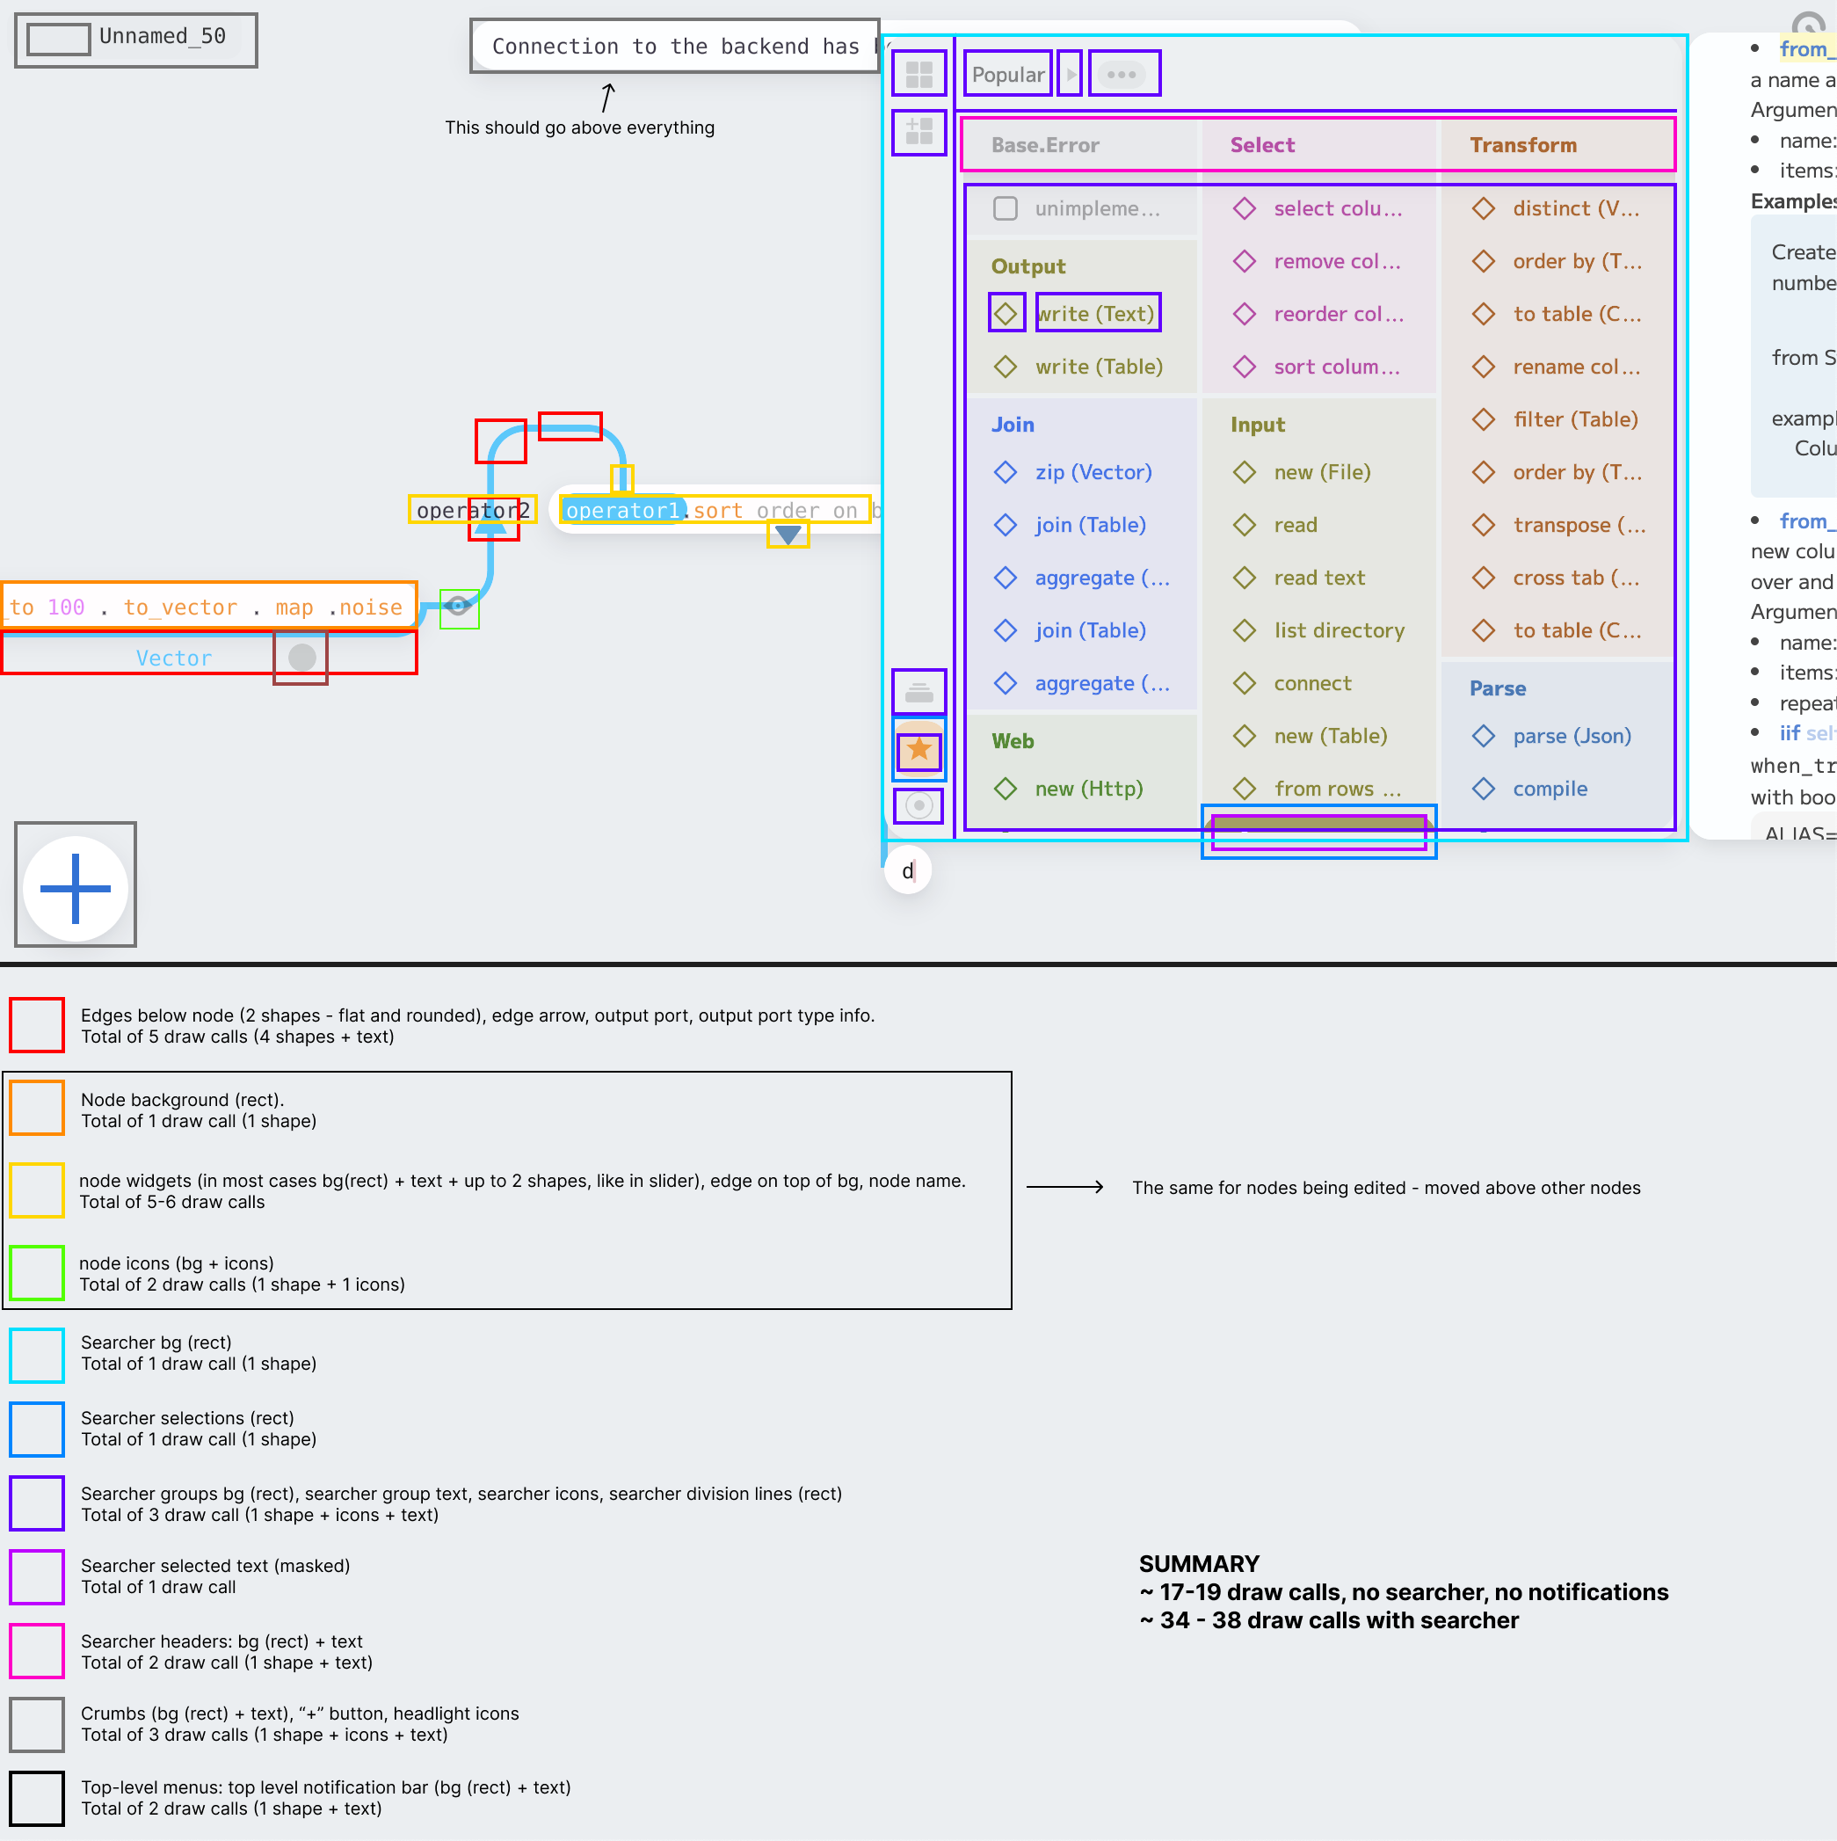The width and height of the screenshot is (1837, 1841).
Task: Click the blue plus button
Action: point(76,888)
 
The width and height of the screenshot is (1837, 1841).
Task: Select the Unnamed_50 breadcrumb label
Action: point(162,37)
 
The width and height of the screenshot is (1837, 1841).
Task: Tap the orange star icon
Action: point(918,750)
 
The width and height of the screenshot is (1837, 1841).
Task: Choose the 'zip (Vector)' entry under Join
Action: point(1093,473)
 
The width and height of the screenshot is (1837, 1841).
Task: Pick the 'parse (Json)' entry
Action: point(1572,737)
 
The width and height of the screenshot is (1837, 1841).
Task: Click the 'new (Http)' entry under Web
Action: point(1088,789)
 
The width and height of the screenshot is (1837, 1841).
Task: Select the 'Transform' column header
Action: point(1522,145)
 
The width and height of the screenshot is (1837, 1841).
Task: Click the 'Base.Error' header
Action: point(1044,145)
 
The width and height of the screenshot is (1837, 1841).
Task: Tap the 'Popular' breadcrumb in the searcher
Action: point(1007,75)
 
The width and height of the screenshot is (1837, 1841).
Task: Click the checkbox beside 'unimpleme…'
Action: point(1006,208)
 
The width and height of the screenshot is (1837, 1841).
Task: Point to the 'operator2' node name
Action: point(473,511)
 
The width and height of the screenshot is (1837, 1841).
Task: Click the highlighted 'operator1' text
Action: point(622,511)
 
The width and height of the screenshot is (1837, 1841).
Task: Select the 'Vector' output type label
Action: point(173,659)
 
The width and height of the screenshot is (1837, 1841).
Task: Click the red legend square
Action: point(37,1025)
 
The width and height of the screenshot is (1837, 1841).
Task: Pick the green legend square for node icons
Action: point(37,1273)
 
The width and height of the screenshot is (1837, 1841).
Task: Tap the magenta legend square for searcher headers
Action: point(37,1651)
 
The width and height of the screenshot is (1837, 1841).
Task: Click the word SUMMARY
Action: point(1199,1564)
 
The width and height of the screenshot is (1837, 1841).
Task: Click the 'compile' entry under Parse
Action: point(1550,789)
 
